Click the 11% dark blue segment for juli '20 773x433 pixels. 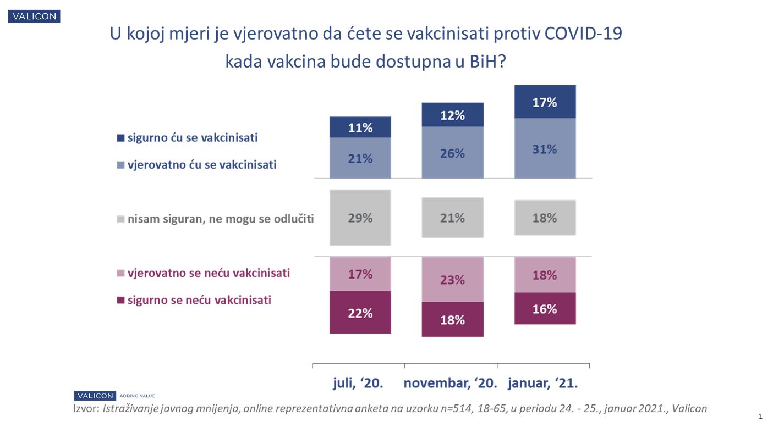point(360,127)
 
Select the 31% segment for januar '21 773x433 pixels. point(545,148)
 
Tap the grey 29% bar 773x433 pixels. point(360,218)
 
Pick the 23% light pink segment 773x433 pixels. point(452,279)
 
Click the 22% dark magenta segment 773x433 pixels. point(360,313)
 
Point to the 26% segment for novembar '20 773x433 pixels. point(452,153)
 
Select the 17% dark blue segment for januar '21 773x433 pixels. point(545,102)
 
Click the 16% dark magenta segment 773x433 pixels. point(545,309)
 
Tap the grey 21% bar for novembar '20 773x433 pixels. point(452,218)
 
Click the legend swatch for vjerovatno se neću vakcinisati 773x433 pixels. point(121,274)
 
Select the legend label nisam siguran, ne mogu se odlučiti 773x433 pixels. point(220,219)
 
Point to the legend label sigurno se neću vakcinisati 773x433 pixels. point(199,301)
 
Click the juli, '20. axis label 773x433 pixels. point(358,383)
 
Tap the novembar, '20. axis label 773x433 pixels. point(451,383)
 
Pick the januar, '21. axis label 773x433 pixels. point(542,383)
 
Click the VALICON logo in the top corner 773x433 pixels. point(34,16)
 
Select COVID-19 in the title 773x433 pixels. point(583,34)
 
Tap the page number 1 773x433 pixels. point(760,417)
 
